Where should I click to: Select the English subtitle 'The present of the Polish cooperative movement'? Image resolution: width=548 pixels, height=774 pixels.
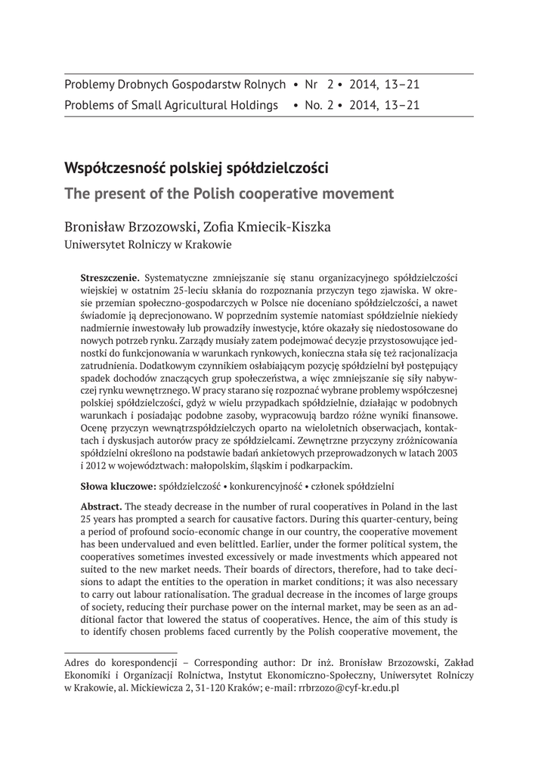click(x=230, y=193)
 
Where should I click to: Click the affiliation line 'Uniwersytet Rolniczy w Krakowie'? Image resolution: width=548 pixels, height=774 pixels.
click(x=148, y=244)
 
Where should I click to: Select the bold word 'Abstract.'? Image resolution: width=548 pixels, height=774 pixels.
click(x=101, y=505)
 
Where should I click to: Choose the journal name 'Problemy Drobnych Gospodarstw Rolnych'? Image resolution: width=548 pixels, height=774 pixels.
click(x=175, y=85)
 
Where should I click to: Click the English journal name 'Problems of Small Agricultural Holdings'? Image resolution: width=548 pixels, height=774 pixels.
click(x=172, y=105)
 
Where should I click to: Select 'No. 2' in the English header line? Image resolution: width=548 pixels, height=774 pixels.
click(x=318, y=105)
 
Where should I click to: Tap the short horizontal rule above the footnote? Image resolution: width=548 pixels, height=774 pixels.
click(x=121, y=649)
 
